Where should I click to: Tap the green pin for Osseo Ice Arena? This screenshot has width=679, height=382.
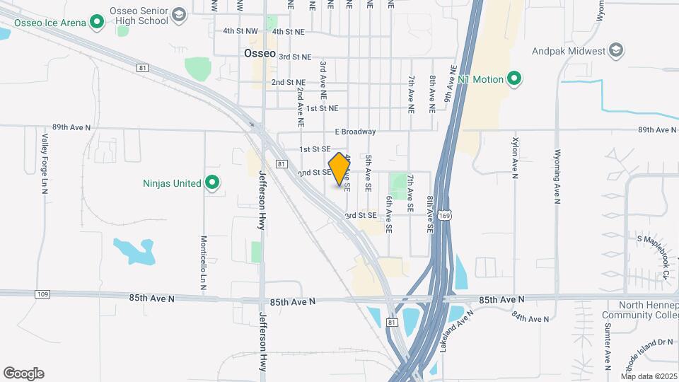[97, 23]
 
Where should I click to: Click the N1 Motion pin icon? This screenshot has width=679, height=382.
[514, 79]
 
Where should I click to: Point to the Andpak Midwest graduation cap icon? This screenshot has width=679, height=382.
[617, 50]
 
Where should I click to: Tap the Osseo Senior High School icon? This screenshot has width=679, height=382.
[180, 14]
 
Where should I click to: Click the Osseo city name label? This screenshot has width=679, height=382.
[258, 53]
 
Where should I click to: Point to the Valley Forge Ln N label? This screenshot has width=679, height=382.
[44, 161]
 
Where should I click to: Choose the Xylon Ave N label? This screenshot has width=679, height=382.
[514, 156]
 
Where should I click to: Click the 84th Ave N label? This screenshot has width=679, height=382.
[530, 316]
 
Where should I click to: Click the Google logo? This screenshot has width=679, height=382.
[23, 373]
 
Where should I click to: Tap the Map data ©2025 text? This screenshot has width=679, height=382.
[649, 376]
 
